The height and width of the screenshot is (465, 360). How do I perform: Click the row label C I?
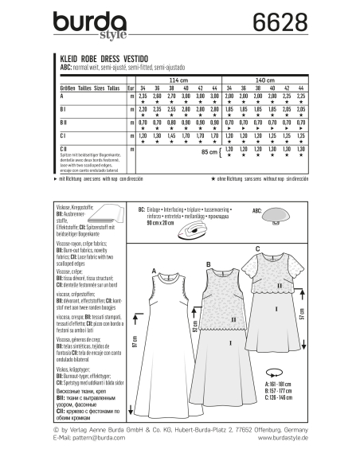63,136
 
